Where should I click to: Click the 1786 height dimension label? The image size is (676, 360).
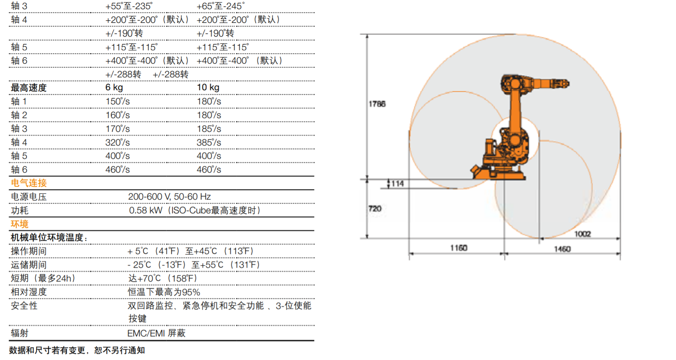pyautogui.click(x=377, y=104)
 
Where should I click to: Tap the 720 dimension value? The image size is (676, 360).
pyautogui.click(x=375, y=209)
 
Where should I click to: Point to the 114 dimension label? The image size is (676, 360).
pyautogui.click(x=397, y=183)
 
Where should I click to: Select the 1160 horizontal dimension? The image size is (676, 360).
pyautogui.click(x=459, y=248)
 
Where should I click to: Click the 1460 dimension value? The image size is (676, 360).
pyautogui.click(x=562, y=249)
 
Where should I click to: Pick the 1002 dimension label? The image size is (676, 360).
pyautogui.click(x=582, y=234)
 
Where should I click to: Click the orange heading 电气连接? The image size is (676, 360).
pyautogui.click(x=29, y=183)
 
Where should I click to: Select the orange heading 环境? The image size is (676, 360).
pyautogui.click(x=20, y=224)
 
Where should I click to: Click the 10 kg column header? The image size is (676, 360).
pyautogui.click(x=208, y=87)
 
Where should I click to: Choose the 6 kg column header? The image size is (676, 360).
pyautogui.click(x=114, y=87)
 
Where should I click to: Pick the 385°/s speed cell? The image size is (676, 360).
pyautogui.click(x=209, y=143)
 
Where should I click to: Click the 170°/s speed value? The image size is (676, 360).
pyautogui.click(x=118, y=129)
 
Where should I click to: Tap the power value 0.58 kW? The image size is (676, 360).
pyautogui.click(x=145, y=210)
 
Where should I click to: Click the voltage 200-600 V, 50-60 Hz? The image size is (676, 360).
pyautogui.click(x=169, y=197)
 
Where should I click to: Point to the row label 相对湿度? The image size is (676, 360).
pyautogui.click(x=29, y=292)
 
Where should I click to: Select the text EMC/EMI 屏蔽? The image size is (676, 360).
pyautogui.click(x=156, y=333)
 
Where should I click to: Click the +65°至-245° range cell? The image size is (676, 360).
pyautogui.click(x=220, y=6)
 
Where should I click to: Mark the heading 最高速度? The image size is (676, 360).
pyautogui.click(x=29, y=88)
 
